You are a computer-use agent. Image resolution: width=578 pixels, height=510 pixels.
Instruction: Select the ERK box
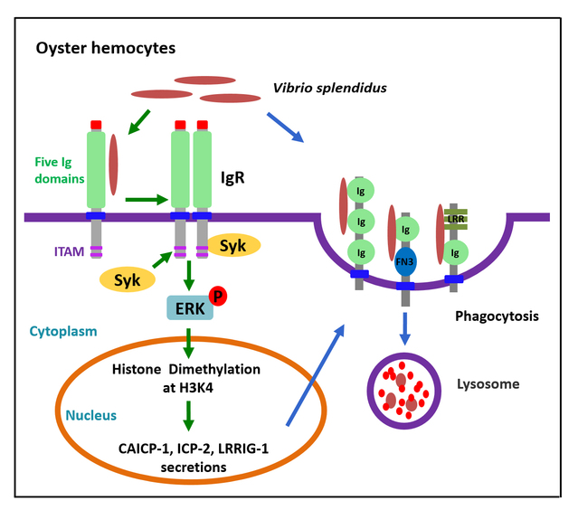pyautogui.click(x=185, y=307)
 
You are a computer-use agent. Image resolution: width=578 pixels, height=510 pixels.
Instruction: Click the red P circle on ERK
pyautogui.click(x=217, y=294)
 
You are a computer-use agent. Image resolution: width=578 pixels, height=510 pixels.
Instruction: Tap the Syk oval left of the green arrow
pyautogui.click(x=128, y=279)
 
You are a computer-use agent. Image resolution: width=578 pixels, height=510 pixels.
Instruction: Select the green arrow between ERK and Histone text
pyautogui.click(x=187, y=344)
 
